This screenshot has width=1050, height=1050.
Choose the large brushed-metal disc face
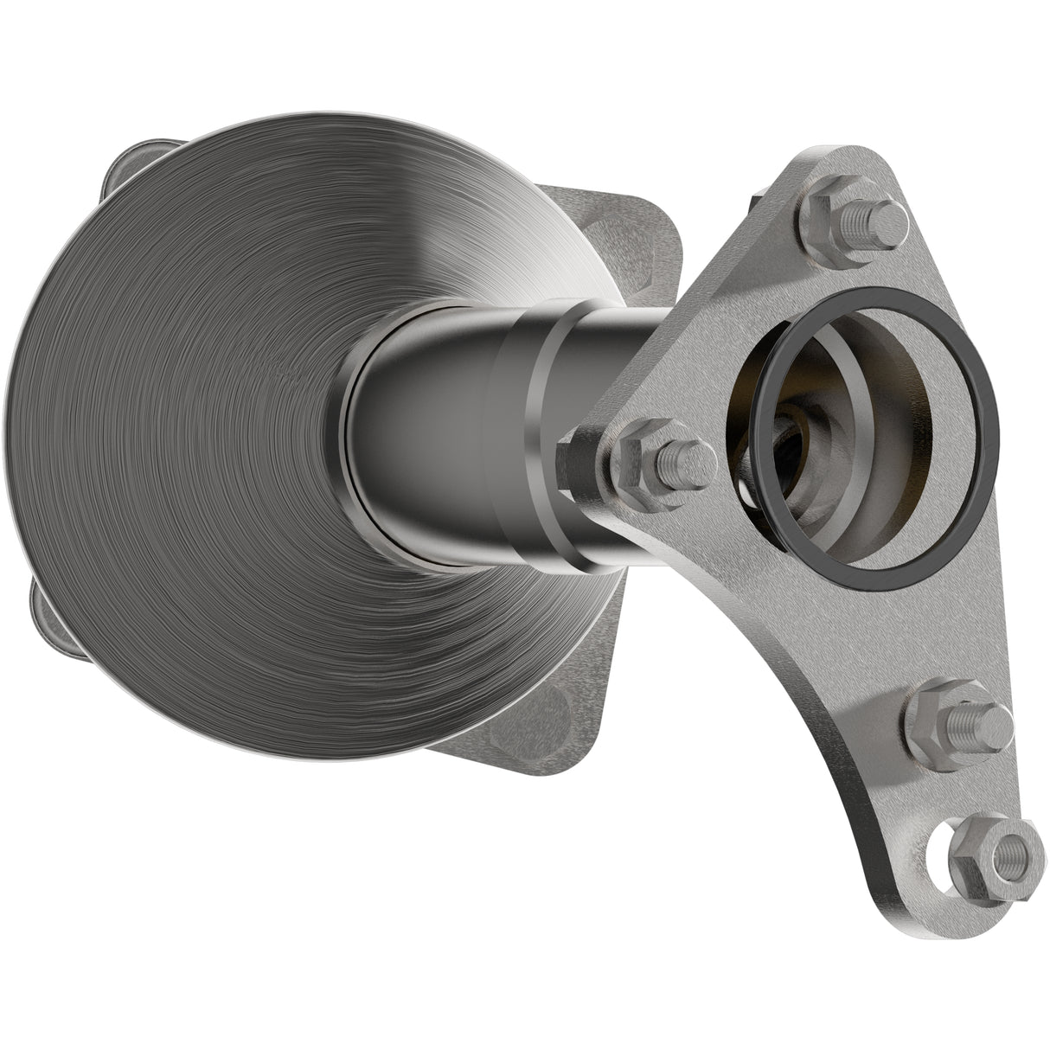190,432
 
